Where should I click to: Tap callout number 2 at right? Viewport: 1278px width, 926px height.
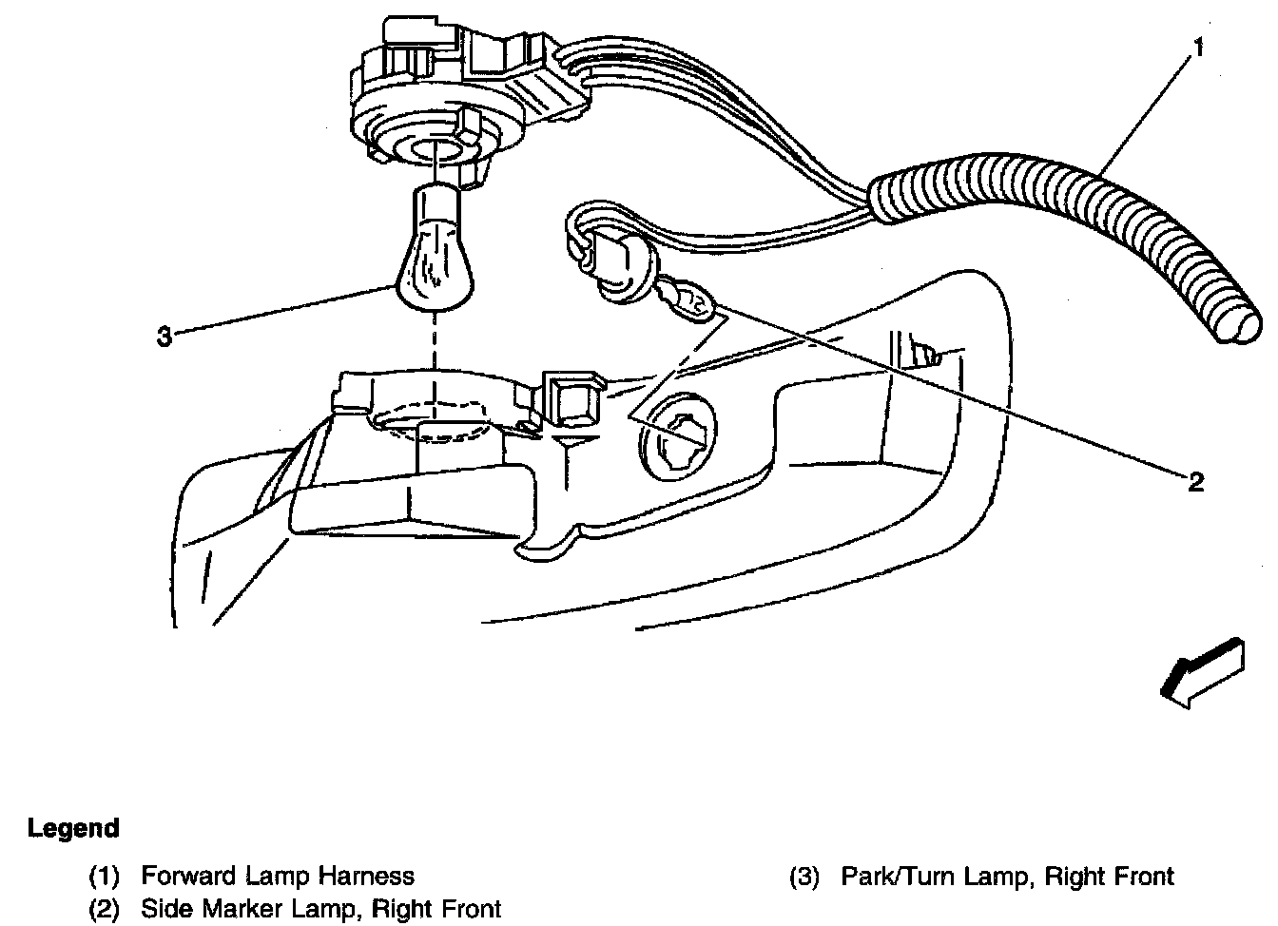click(1195, 481)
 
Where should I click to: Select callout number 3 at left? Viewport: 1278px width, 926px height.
click(164, 336)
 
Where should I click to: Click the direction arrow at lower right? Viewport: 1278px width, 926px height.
click(1202, 673)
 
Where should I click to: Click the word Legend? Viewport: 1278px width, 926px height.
click(73, 828)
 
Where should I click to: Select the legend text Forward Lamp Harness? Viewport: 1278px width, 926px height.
click(277, 876)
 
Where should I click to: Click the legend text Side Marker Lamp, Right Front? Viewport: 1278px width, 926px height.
click(320, 909)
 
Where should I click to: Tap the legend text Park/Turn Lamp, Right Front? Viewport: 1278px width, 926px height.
click(1007, 876)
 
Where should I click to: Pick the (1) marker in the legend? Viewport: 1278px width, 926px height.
click(105, 876)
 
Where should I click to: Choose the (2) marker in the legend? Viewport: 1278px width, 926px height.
click(105, 909)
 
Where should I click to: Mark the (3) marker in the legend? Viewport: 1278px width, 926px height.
click(804, 876)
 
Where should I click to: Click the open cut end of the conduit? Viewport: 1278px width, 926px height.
click(1241, 323)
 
